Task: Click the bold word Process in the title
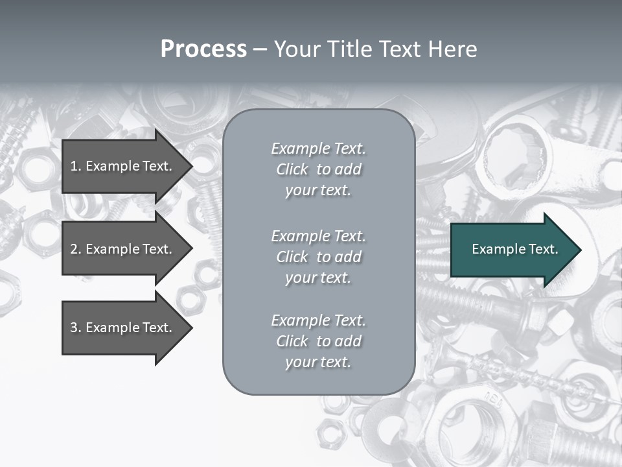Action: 203,49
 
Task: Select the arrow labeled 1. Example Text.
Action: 123,166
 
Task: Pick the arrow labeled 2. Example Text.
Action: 123,249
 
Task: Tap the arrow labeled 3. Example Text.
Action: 123,328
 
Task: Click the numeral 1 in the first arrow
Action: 73,166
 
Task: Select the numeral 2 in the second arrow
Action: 73,249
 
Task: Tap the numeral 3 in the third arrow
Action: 73,328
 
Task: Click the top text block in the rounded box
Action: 318,169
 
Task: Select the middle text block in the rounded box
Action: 318,257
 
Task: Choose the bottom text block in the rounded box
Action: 318,341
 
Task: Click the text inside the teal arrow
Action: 514,249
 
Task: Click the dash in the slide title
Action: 260,50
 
